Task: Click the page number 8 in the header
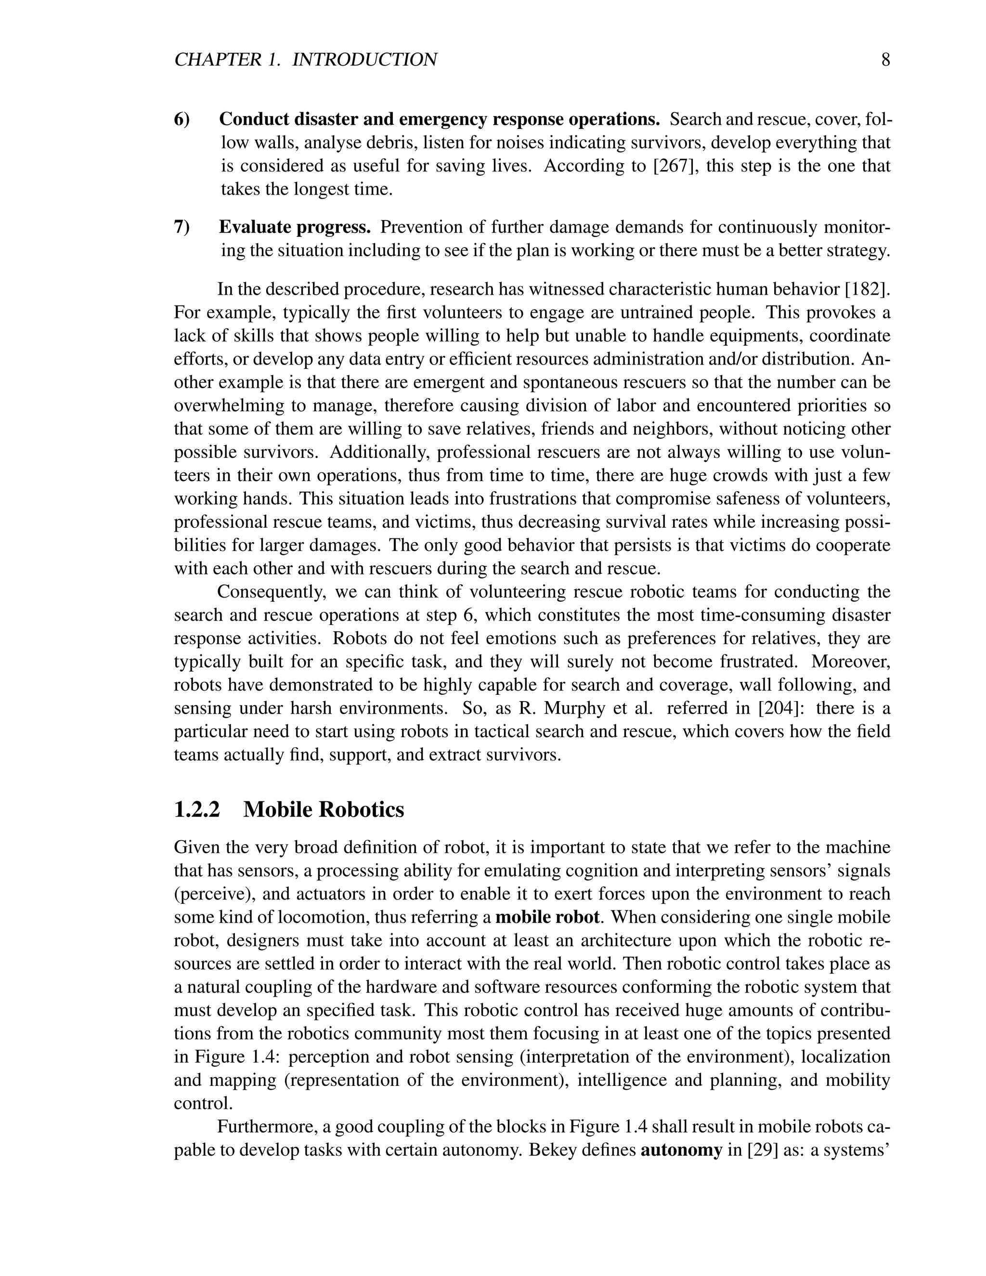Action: pyautogui.click(x=885, y=60)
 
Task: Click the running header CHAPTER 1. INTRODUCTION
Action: pyautogui.click(x=306, y=60)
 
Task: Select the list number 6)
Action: pyautogui.click(x=182, y=119)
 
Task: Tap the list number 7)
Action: pyautogui.click(x=182, y=227)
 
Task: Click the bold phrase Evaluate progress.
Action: pyautogui.click(x=295, y=227)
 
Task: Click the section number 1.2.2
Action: pyautogui.click(x=197, y=810)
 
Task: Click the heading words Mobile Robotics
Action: pyautogui.click(x=324, y=810)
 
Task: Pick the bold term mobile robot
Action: pyautogui.click(x=547, y=917)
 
